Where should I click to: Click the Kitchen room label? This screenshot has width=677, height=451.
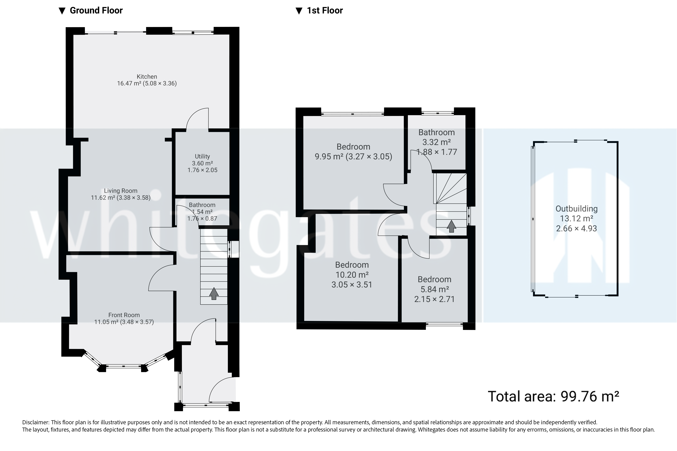click(x=147, y=76)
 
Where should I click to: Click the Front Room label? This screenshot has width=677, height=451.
click(x=124, y=315)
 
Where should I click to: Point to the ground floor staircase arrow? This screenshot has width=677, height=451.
click(x=214, y=293)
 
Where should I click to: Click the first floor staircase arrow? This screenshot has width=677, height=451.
click(x=451, y=226)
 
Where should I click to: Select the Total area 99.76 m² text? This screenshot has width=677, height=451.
click(x=553, y=396)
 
